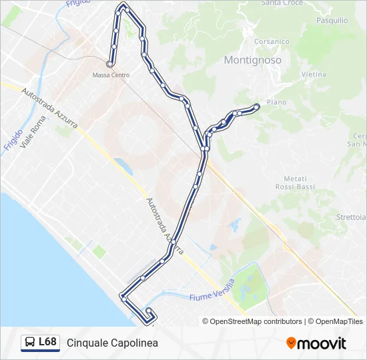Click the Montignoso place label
(x=252, y=60)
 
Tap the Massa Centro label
(x=111, y=75)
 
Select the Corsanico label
(x=272, y=41)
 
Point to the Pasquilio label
(x=332, y=21)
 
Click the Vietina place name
(x=313, y=75)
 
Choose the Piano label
(x=276, y=102)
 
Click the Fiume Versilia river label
(x=211, y=294)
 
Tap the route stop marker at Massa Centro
(x=109, y=65)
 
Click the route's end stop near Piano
(x=257, y=106)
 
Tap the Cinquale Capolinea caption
(x=112, y=343)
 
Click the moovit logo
(x=316, y=343)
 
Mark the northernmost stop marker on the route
(x=123, y=5)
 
